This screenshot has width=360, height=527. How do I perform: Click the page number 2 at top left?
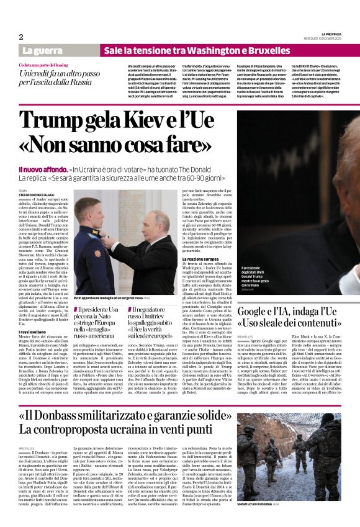pos(21,37)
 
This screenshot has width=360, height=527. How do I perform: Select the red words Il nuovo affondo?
pos(42,169)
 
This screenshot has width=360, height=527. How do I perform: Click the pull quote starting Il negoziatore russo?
pos(147,322)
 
